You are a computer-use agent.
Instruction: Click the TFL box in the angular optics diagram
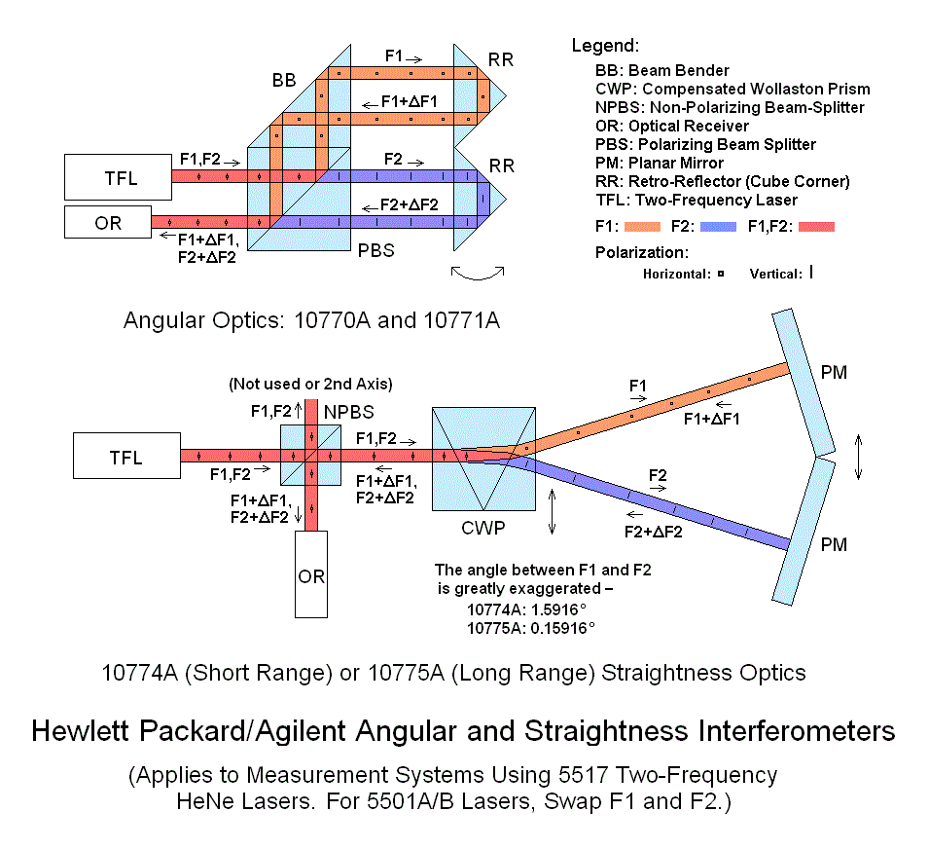coord(117,178)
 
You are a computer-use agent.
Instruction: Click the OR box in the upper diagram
coord(108,223)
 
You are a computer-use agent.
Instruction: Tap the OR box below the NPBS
coord(311,574)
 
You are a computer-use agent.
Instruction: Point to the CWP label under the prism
coord(482,531)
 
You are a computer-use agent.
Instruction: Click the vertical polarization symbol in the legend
coord(810,274)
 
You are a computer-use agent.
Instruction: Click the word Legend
coord(605,46)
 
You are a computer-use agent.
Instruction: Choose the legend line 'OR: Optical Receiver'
coord(672,126)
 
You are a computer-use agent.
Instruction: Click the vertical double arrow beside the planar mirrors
coord(858,457)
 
